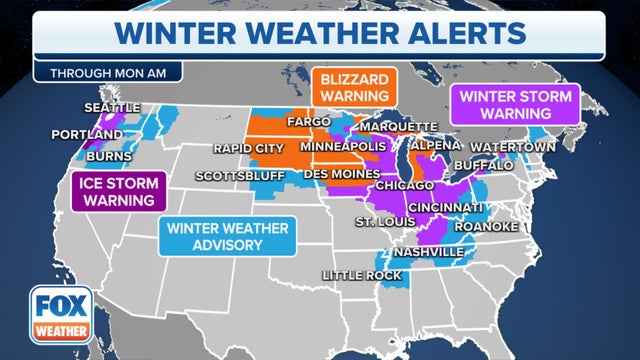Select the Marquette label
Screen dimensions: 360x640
pos(398,127)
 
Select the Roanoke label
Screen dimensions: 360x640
pos(485,227)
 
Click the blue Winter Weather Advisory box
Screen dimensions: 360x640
pos(229,236)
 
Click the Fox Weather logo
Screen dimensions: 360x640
pos(59,312)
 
